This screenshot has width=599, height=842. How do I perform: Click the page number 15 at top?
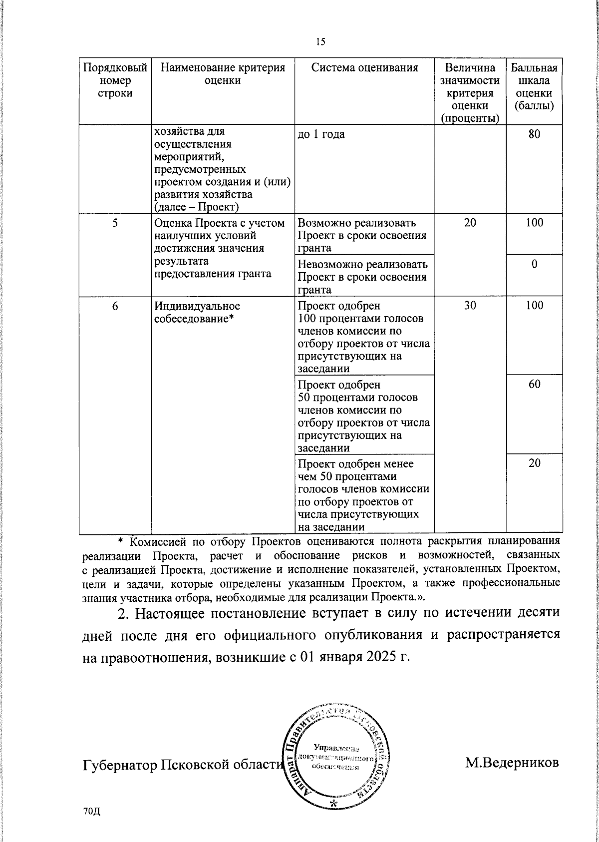click(320, 42)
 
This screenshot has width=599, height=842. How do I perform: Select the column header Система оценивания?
click(364, 68)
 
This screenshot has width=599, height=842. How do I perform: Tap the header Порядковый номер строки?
click(115, 80)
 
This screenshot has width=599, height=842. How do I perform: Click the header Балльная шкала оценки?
click(534, 87)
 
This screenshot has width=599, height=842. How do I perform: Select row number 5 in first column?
click(115, 223)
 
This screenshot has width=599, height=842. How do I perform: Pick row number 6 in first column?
click(115, 306)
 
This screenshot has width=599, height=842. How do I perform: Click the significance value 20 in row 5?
click(470, 223)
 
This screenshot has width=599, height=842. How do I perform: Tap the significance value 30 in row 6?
click(470, 306)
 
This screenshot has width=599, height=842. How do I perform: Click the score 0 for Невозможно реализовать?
click(534, 264)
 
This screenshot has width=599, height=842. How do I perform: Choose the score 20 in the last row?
click(534, 463)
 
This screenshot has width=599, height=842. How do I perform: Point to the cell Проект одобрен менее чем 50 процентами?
click(363, 494)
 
